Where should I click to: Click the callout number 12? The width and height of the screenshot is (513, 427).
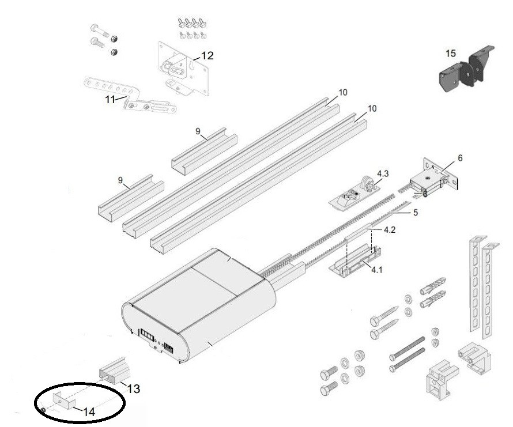point(207,56)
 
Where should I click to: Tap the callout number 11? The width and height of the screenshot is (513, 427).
point(110,99)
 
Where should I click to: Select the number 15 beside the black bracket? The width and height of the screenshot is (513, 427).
point(451,54)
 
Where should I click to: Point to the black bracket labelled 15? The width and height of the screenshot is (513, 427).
point(466,69)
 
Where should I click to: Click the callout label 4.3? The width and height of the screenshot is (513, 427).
point(383,173)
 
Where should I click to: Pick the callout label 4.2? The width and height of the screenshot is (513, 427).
point(389,230)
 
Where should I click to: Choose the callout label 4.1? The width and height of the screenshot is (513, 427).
point(376,270)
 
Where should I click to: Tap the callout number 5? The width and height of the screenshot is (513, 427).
point(416,213)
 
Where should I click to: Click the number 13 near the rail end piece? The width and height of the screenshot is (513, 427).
point(133,389)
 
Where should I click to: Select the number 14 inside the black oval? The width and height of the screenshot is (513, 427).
point(88,412)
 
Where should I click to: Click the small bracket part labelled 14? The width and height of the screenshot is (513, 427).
point(64,400)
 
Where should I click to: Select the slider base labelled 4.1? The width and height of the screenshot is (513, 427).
point(355,262)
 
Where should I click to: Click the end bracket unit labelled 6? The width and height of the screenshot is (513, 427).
point(435,178)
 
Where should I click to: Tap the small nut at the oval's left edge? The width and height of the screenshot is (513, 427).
point(43,410)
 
